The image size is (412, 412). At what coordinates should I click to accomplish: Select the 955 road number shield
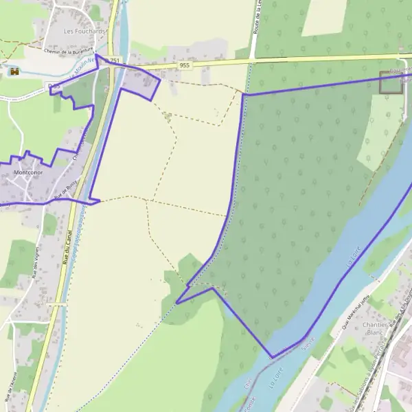click(184, 65)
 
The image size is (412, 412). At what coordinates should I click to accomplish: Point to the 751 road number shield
click(115, 61)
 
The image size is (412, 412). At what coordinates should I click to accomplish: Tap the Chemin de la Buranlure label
click(68, 50)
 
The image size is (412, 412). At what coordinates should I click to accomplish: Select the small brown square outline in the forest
click(390, 82)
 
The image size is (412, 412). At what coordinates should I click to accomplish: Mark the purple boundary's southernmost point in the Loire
click(273, 357)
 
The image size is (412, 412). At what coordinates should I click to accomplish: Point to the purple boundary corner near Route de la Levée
click(243, 94)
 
